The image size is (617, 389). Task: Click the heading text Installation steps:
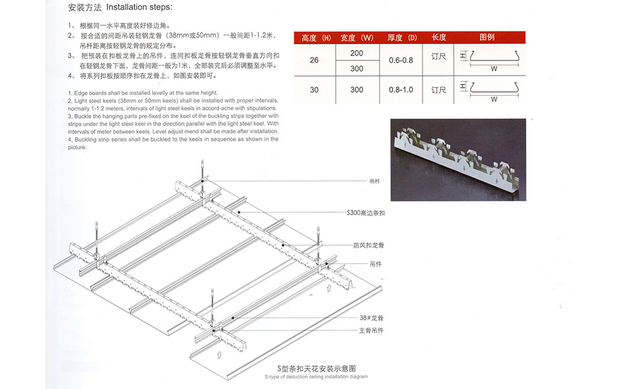click(x=139, y=8)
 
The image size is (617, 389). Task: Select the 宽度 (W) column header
click(x=357, y=38)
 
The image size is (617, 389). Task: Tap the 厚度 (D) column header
click(x=401, y=38)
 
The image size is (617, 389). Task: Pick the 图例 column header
click(x=487, y=38)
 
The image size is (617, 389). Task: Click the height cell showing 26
click(x=314, y=61)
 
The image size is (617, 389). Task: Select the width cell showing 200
click(x=357, y=53)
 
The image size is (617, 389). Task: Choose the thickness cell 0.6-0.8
click(x=401, y=61)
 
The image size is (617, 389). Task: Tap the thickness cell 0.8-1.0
click(x=401, y=90)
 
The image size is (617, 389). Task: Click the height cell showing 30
click(x=314, y=90)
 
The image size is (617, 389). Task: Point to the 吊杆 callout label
click(x=375, y=182)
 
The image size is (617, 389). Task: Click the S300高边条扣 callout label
click(x=366, y=213)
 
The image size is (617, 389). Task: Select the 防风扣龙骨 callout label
click(x=369, y=245)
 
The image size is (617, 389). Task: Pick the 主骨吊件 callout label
click(x=371, y=331)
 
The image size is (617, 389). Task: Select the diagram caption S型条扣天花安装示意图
click(x=317, y=369)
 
